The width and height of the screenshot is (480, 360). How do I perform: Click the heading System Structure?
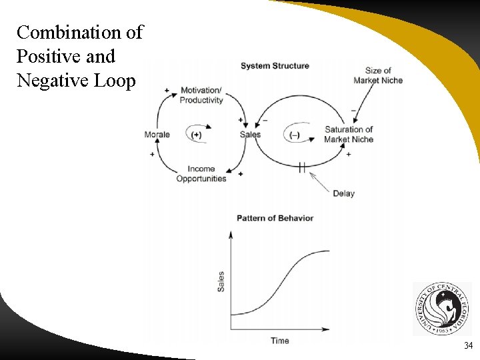coord(275,65)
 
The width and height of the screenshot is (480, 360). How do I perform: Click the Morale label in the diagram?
coord(157,135)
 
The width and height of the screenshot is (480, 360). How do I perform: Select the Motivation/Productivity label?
coord(201,95)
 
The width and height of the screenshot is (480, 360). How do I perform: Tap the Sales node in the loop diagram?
coord(250,135)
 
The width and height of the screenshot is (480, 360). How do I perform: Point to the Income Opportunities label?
coord(201,173)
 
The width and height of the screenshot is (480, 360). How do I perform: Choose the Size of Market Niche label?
coord(378,75)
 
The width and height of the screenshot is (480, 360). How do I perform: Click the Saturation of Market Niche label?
coord(349,134)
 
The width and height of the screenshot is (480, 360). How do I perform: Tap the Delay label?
coord(343,193)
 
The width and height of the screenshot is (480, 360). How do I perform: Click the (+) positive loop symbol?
coord(196,135)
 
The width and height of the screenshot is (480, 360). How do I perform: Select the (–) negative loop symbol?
coord(295,135)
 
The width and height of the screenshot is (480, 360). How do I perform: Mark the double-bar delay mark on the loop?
coord(302,167)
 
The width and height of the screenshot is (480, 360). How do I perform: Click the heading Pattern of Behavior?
coord(275,218)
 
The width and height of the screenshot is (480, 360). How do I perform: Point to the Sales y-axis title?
coord(221,281)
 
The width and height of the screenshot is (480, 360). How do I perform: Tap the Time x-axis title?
coord(279,341)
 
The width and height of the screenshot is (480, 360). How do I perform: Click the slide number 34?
coord(467,345)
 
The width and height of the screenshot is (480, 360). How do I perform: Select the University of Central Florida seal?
coord(441,309)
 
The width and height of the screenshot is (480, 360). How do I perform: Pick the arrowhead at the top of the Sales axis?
coord(231,235)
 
